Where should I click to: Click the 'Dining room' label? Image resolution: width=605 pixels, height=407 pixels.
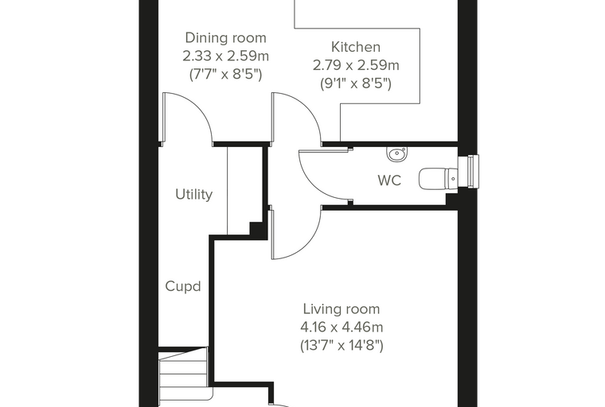point(226,38)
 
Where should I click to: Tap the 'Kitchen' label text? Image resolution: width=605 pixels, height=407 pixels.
point(356,47)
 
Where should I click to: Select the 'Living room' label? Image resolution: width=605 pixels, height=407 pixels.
point(342,309)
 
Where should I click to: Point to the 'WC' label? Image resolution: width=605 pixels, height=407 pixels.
point(389,180)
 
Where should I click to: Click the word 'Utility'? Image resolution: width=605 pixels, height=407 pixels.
point(193,194)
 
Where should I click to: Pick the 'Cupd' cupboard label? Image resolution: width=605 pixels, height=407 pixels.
point(183,286)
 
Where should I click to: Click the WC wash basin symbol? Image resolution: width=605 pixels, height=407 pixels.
point(396,154)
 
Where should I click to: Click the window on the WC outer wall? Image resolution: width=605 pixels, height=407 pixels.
point(473,172)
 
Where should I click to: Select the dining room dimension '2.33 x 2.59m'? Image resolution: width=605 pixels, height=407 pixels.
point(226,56)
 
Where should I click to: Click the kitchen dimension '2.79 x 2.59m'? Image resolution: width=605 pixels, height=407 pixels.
point(356,65)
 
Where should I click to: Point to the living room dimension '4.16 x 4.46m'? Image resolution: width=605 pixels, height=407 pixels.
point(342,328)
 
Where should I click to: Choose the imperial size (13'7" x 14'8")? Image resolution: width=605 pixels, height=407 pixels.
point(342,345)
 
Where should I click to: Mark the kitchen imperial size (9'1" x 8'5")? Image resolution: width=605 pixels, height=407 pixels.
point(356,83)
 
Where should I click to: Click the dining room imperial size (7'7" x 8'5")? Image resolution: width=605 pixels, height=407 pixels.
point(226,75)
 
